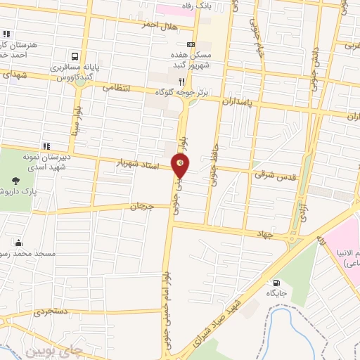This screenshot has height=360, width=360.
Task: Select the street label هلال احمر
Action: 159,26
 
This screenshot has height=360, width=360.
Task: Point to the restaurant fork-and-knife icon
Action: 182,81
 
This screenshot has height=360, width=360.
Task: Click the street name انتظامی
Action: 117,89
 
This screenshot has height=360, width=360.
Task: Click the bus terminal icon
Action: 74,56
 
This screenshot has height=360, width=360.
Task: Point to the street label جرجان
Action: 142,206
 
